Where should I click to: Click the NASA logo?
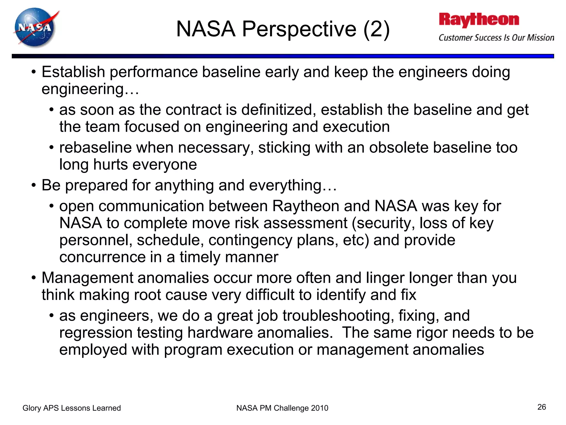tap(35, 28)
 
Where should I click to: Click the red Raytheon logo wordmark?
tap(479, 20)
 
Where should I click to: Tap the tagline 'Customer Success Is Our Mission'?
tap(496, 38)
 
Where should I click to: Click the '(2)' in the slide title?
tap(376, 29)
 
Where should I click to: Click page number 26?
tap(541, 407)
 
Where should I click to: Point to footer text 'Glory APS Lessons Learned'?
tap(72, 408)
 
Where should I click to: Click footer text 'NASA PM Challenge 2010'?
tap(282, 408)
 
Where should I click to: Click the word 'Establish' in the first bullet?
tap(73, 72)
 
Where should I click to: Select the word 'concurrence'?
tap(102, 257)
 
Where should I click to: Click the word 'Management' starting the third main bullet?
tap(87, 278)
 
